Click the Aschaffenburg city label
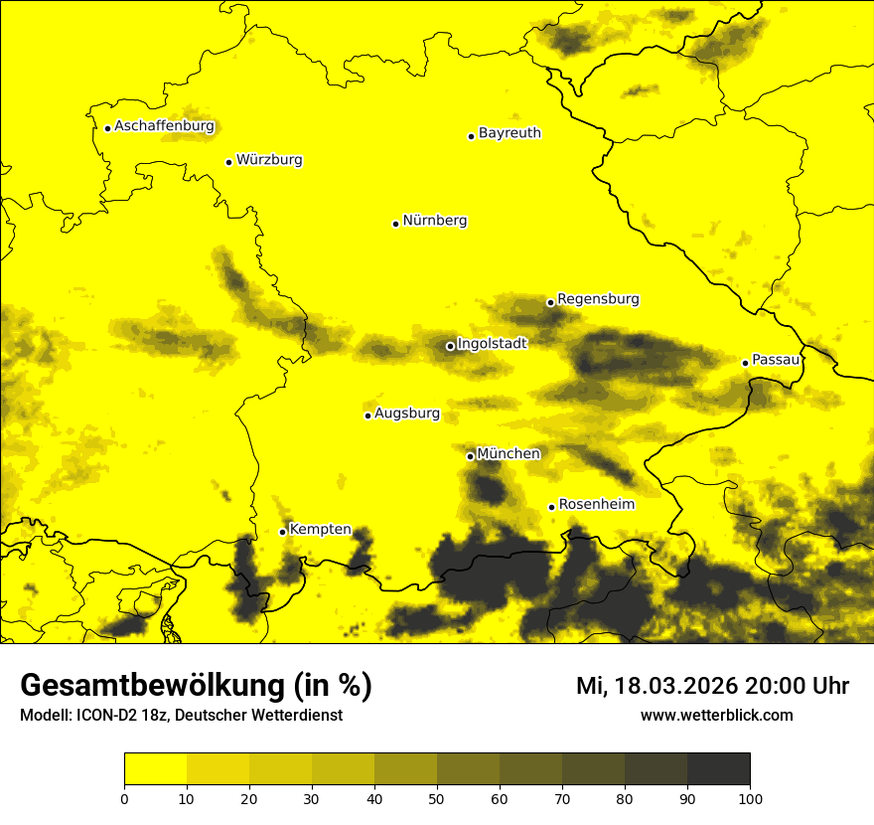164,126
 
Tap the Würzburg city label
269,160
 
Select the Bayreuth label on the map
510,133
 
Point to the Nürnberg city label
435,221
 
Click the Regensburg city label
598,299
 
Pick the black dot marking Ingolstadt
450,346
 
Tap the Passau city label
776,360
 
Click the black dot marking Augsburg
367,415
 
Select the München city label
509,454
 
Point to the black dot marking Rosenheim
551,507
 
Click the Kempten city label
320,529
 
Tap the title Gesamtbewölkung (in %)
196,686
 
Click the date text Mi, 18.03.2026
661,686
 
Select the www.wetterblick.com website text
716,715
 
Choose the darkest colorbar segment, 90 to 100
718,769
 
